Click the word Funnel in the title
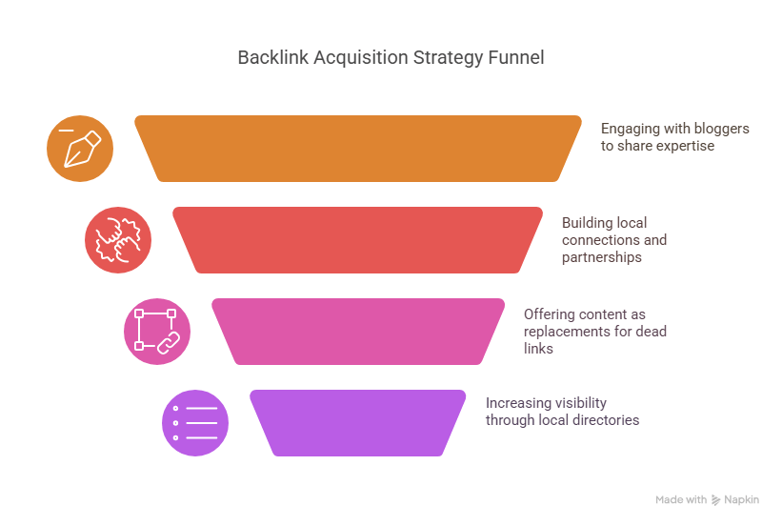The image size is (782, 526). click(516, 58)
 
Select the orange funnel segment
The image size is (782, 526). click(357, 148)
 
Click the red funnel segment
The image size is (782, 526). click(357, 239)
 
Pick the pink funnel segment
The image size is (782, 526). click(357, 331)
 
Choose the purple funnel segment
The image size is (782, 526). click(357, 422)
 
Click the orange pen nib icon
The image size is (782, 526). click(80, 149)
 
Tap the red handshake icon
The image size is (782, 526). click(118, 240)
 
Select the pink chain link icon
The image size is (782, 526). click(157, 331)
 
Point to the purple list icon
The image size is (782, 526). click(195, 422)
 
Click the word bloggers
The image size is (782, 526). click(720, 129)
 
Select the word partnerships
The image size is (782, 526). click(601, 256)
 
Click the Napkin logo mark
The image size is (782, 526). click(715, 500)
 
